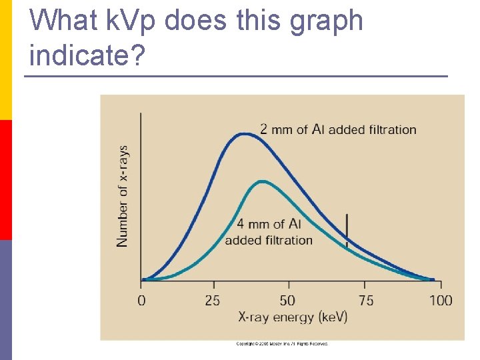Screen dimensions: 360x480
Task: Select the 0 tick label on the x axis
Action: [x=141, y=301]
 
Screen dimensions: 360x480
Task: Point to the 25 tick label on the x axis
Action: [x=213, y=301]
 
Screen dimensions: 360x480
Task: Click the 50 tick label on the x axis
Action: [x=287, y=301]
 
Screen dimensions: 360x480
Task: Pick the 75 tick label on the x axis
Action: [x=366, y=301]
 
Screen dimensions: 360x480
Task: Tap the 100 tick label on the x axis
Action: [x=440, y=301]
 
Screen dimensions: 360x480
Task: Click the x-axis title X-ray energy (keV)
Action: [x=293, y=317]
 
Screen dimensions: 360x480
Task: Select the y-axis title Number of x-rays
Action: [x=123, y=197]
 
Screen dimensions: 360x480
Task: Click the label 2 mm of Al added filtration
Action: [x=338, y=129]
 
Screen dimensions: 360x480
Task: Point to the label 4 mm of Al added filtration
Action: [x=269, y=232]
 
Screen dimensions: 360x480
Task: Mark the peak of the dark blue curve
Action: [x=244, y=134]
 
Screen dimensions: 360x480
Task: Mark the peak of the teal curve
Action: [x=262, y=181]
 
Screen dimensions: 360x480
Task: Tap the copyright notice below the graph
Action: [x=282, y=344]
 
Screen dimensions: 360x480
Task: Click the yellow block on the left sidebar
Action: [x=5, y=60]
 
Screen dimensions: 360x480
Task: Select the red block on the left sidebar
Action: [x=5, y=180]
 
